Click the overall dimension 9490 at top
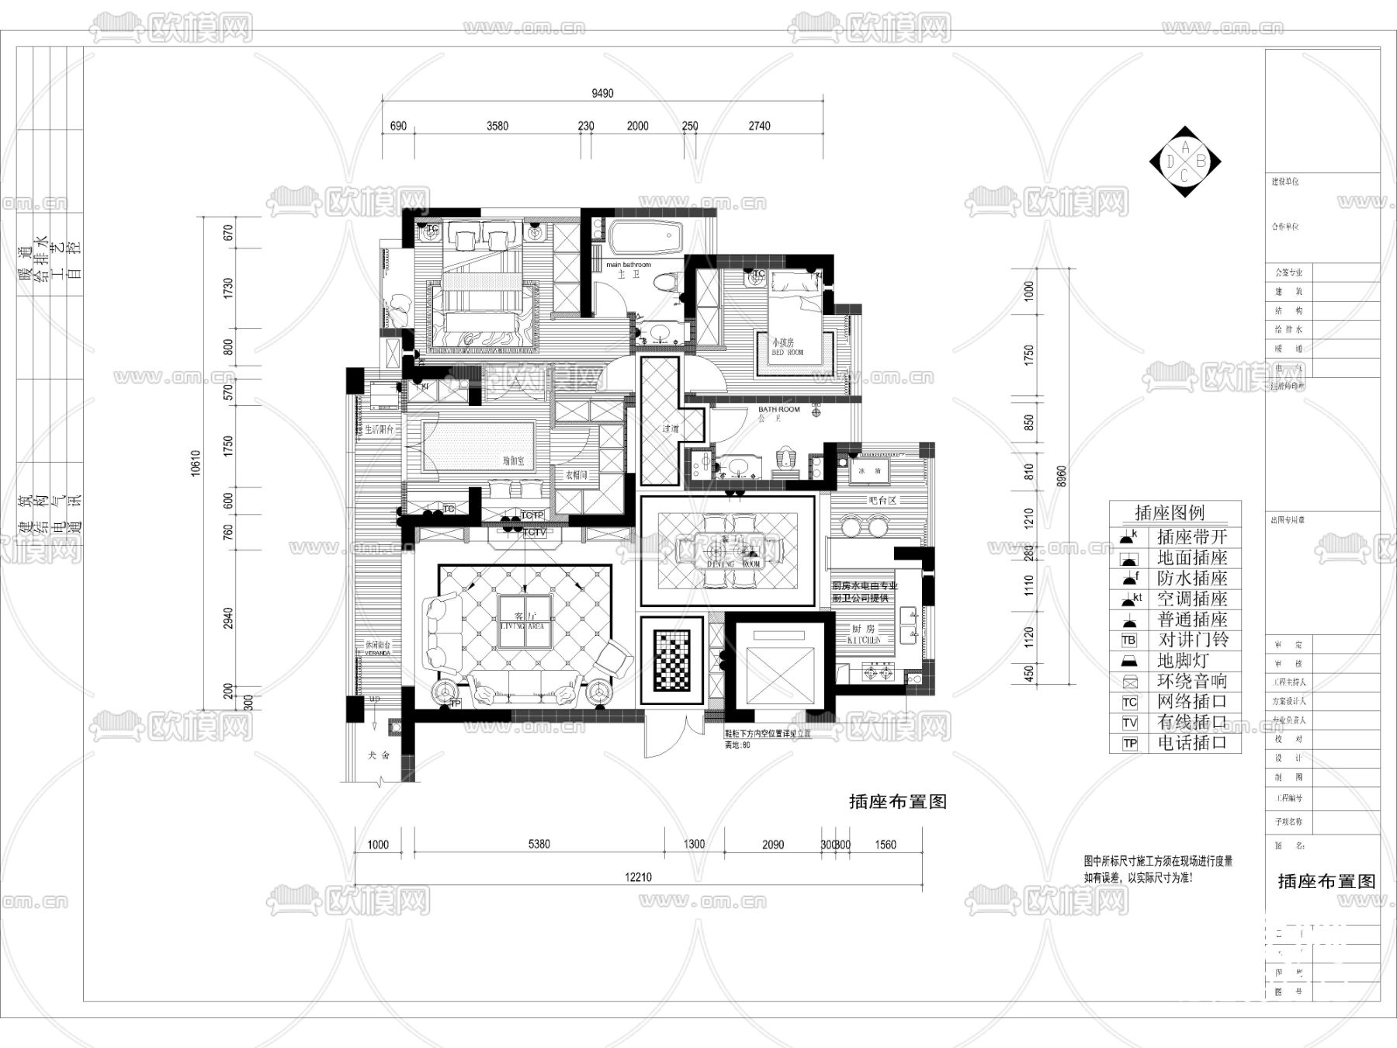point(602,93)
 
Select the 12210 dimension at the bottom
point(638,877)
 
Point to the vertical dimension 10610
point(196,463)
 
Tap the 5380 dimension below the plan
point(539,845)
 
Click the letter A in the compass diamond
point(1185,147)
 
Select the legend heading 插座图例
point(1170,512)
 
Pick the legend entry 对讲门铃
point(1193,640)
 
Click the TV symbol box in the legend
point(1129,723)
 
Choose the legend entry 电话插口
point(1193,743)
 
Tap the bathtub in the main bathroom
point(644,238)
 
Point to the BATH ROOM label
point(778,410)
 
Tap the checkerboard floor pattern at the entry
point(671,661)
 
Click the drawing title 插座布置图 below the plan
point(898,802)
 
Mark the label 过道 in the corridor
point(671,428)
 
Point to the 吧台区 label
point(882,501)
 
